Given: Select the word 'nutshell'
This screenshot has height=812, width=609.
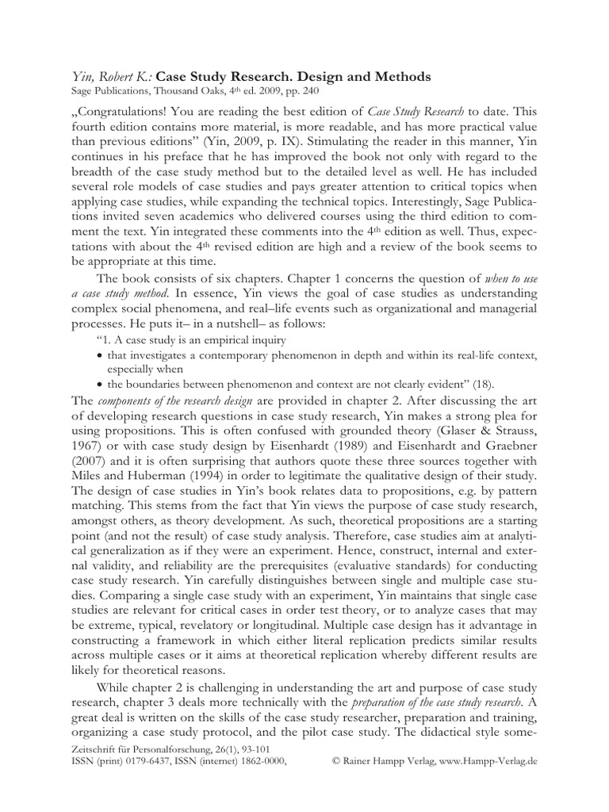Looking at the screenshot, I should [209, 324].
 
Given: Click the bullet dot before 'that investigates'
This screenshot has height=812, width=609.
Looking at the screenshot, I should [99, 355].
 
